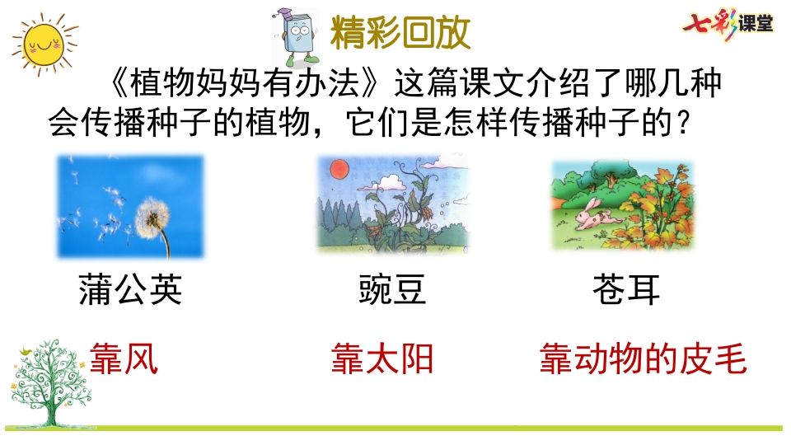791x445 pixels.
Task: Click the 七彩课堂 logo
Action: [x=727, y=24]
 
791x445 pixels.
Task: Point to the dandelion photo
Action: [x=130, y=206]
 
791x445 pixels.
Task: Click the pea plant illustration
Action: [x=392, y=205]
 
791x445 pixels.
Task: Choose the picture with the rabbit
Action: [x=622, y=206]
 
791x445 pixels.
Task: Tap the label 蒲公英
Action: [x=130, y=289]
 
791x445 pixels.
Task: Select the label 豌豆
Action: [x=392, y=289]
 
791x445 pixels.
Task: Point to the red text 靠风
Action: [x=124, y=360]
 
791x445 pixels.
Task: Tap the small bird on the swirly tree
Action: [x=26, y=354]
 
